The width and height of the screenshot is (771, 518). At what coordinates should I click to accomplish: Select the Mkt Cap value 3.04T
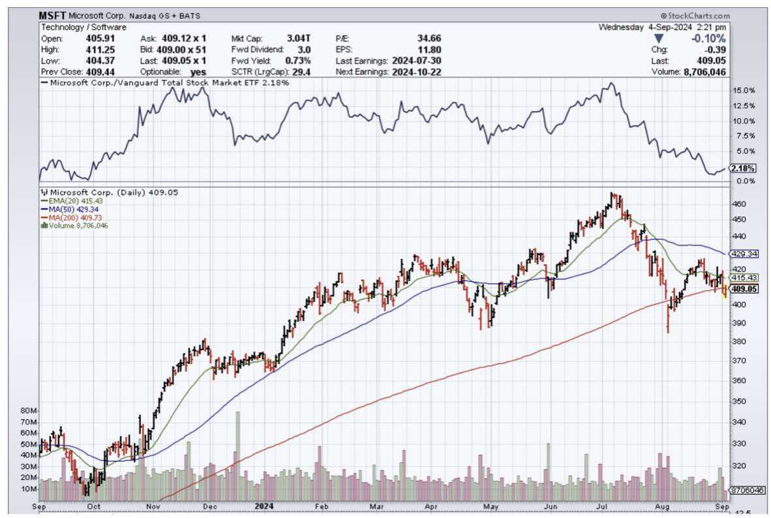(299, 38)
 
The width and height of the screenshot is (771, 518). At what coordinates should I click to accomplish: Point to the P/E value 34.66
(429, 38)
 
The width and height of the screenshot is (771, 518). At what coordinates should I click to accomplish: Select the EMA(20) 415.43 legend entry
(75, 201)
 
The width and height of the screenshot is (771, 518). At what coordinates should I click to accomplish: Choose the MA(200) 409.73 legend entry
(76, 217)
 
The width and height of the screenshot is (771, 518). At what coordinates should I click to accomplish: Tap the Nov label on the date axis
(154, 506)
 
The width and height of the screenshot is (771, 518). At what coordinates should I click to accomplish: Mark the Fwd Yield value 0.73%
(299, 60)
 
